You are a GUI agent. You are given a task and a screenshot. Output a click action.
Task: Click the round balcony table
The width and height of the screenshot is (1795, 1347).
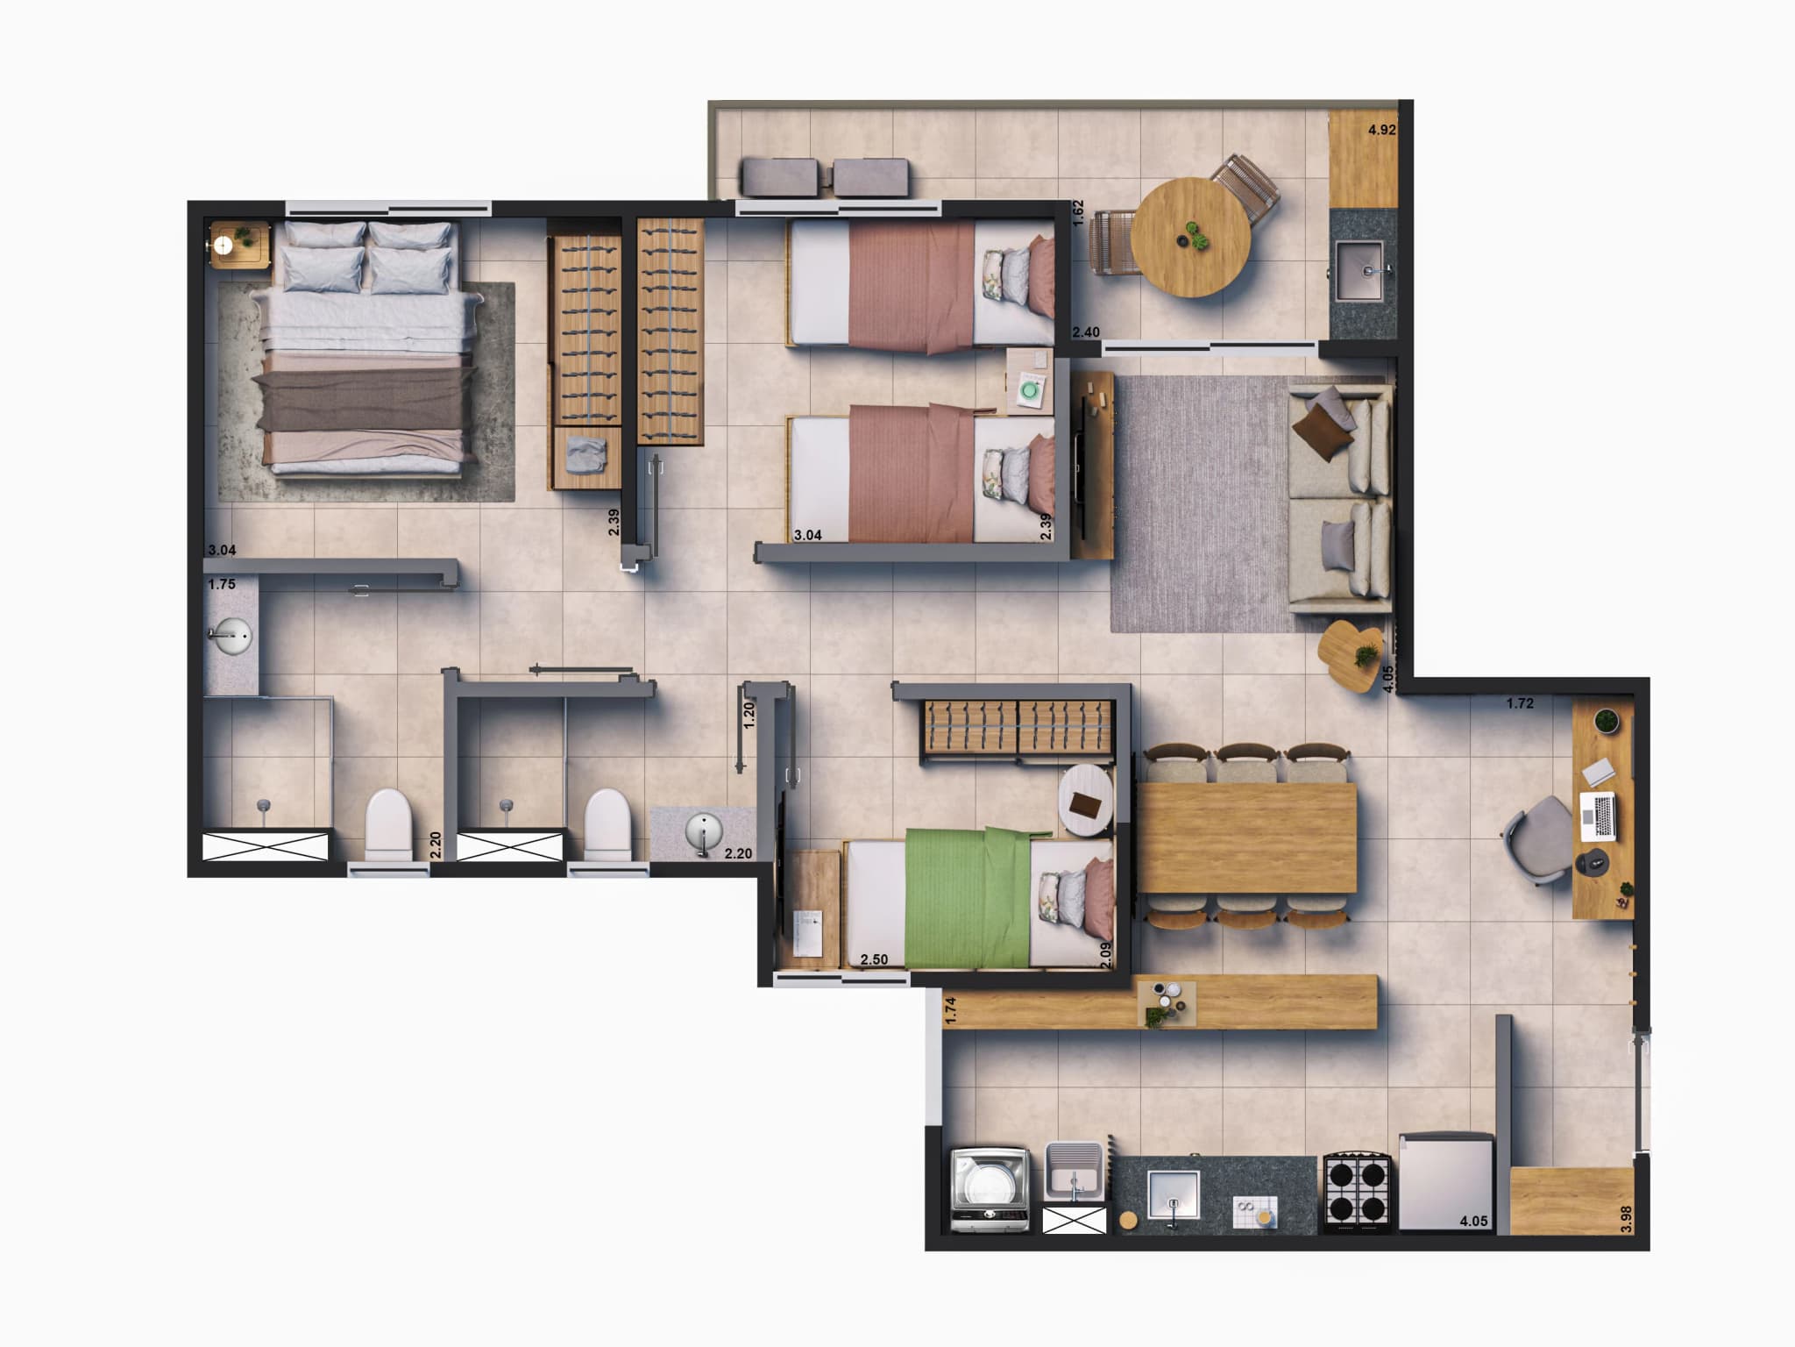(x=1191, y=238)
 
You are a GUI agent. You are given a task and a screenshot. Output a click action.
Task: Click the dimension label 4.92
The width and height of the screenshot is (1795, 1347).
(x=1381, y=131)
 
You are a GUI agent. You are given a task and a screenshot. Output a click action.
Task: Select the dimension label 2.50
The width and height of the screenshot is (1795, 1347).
(x=874, y=959)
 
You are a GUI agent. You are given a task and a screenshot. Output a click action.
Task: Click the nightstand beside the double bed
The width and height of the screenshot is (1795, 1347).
(x=238, y=243)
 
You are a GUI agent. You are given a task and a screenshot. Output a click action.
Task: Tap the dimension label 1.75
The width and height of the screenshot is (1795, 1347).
(x=222, y=584)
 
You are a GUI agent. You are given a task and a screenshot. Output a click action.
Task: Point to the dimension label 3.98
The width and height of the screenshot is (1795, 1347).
(x=1626, y=1219)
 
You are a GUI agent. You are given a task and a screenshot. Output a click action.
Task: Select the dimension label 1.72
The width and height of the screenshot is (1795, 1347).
(x=1520, y=703)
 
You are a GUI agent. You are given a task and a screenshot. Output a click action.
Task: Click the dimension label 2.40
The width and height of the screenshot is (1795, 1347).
(x=1086, y=332)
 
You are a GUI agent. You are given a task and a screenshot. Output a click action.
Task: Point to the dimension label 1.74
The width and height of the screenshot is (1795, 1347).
(x=951, y=1010)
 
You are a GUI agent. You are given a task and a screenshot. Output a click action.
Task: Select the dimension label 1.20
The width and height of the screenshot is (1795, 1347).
(x=749, y=716)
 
